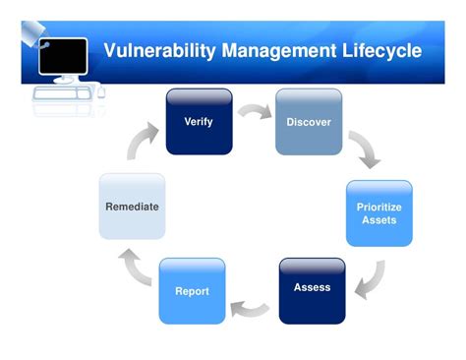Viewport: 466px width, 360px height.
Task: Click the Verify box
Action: [x=199, y=122]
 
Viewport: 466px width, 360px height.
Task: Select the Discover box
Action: [x=308, y=122]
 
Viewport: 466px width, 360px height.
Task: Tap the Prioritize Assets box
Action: [x=379, y=212]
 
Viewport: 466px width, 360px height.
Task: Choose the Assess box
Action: [x=312, y=289]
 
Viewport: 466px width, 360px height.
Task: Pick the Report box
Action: [x=192, y=291]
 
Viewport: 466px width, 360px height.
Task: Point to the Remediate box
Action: [x=132, y=207]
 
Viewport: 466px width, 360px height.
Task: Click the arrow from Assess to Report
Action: [x=251, y=308]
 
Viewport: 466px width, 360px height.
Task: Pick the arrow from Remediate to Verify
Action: [x=143, y=141]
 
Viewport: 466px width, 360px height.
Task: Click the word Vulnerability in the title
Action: [x=161, y=49]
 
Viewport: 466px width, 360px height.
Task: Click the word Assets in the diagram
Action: [x=379, y=219]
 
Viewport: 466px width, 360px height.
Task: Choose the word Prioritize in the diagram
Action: [x=379, y=207]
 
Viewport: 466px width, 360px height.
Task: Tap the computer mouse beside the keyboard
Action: [x=99, y=90]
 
